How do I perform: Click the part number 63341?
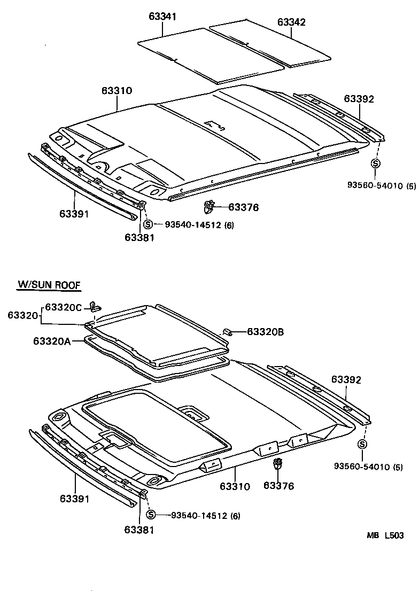point(162,17)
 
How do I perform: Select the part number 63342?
point(291,22)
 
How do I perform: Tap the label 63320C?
point(64,307)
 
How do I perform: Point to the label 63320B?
point(265,332)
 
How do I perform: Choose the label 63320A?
point(51,341)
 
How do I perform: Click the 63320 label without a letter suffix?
point(22,316)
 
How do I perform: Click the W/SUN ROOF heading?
point(49,285)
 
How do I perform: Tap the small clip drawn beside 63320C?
point(96,306)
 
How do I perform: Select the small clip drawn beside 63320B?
point(227,332)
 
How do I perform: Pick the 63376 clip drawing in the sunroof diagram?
point(277,463)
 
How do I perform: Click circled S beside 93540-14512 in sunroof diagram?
point(151,515)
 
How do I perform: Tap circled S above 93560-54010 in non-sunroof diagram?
point(376,164)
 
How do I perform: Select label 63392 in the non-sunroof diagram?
point(359,98)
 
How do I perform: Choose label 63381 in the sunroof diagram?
point(139,530)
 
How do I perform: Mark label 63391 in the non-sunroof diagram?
point(74,214)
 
